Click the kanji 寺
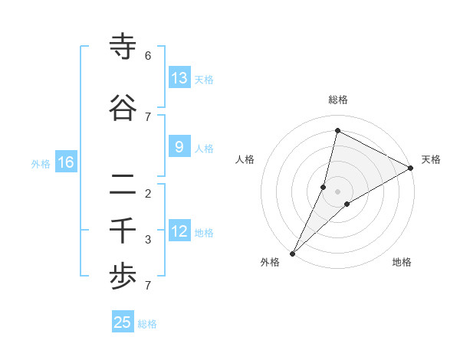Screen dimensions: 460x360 (123, 47)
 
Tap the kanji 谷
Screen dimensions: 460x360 (123, 108)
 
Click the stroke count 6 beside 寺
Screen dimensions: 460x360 (148, 56)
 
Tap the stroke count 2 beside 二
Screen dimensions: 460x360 (148, 193)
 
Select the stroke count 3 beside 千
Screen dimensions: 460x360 (148, 240)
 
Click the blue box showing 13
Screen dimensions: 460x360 (179, 78)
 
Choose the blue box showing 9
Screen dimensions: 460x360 (179, 147)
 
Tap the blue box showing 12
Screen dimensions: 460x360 (179, 232)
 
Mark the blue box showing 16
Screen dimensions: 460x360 (66, 162)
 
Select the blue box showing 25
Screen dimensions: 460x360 (123, 322)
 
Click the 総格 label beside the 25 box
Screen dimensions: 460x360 (147, 324)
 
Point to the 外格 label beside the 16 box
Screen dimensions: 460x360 (41, 164)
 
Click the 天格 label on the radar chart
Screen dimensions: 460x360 (431, 159)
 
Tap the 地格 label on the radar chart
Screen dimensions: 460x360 (402, 262)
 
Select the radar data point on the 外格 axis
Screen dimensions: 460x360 (293, 253)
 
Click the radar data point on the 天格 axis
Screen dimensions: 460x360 (410, 168)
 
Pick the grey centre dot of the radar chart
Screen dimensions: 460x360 (338, 191)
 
